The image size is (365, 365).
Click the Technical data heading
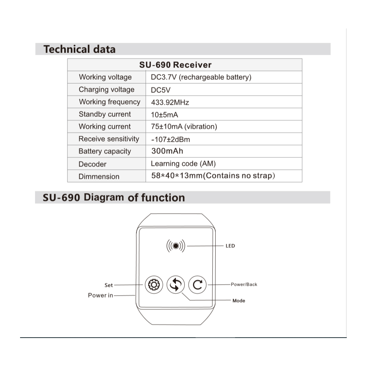tap(79, 49)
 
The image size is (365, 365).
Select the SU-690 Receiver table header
tap(175, 65)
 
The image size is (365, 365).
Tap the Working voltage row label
tap(105, 77)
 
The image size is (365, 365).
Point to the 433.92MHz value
tap(170, 103)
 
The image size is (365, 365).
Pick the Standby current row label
tap(105, 114)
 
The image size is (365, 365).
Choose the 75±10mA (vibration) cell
tap(184, 127)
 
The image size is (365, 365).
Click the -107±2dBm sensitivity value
tap(170, 139)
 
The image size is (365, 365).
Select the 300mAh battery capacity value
tap(167, 151)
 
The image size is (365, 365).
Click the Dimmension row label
tap(99, 177)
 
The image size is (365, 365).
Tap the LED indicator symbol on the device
tap(176, 246)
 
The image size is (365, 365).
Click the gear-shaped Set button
tap(154, 285)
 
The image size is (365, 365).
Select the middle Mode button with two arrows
tap(176, 285)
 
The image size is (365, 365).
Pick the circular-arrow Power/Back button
tap(197, 285)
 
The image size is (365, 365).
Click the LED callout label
tap(230, 246)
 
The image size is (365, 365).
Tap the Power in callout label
tap(100, 295)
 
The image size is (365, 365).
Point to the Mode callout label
tap(239, 301)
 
